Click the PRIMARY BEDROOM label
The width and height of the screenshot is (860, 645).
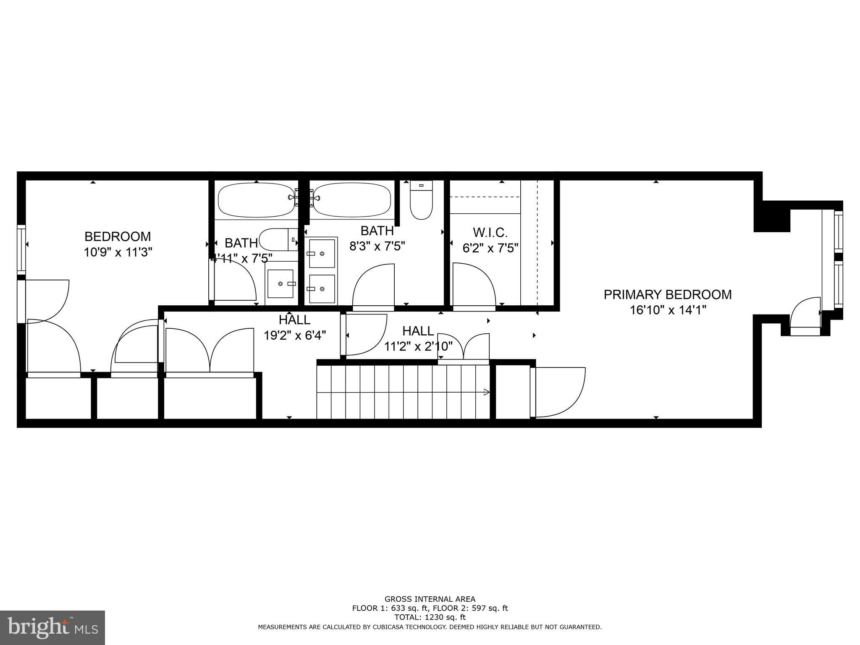[667, 294]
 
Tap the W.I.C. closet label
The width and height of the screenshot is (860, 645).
[490, 232]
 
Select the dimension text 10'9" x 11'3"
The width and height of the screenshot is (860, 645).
[118, 252]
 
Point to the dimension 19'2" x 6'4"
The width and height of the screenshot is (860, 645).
[295, 335]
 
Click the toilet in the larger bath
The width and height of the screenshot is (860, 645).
[421, 200]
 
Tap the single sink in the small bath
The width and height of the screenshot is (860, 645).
[281, 283]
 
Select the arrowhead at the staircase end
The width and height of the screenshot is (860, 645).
[487, 392]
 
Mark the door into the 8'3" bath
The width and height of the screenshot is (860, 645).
[373, 287]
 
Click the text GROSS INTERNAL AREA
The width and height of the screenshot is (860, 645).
[430, 599]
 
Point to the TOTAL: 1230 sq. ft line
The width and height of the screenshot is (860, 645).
[430, 617]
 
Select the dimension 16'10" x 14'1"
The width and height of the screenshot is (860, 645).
[668, 310]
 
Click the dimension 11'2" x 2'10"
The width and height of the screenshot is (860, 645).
[418, 346]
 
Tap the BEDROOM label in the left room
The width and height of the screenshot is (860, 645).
[118, 236]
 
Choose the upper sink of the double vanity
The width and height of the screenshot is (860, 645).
[322, 253]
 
